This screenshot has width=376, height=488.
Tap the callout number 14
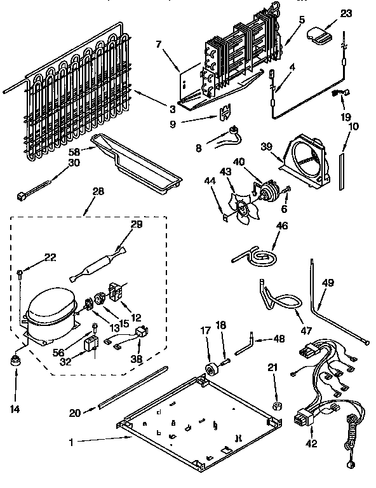[15, 409]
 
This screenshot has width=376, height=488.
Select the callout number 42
[311, 444]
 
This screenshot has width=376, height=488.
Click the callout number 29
[137, 224]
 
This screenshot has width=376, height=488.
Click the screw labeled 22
[22, 273]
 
